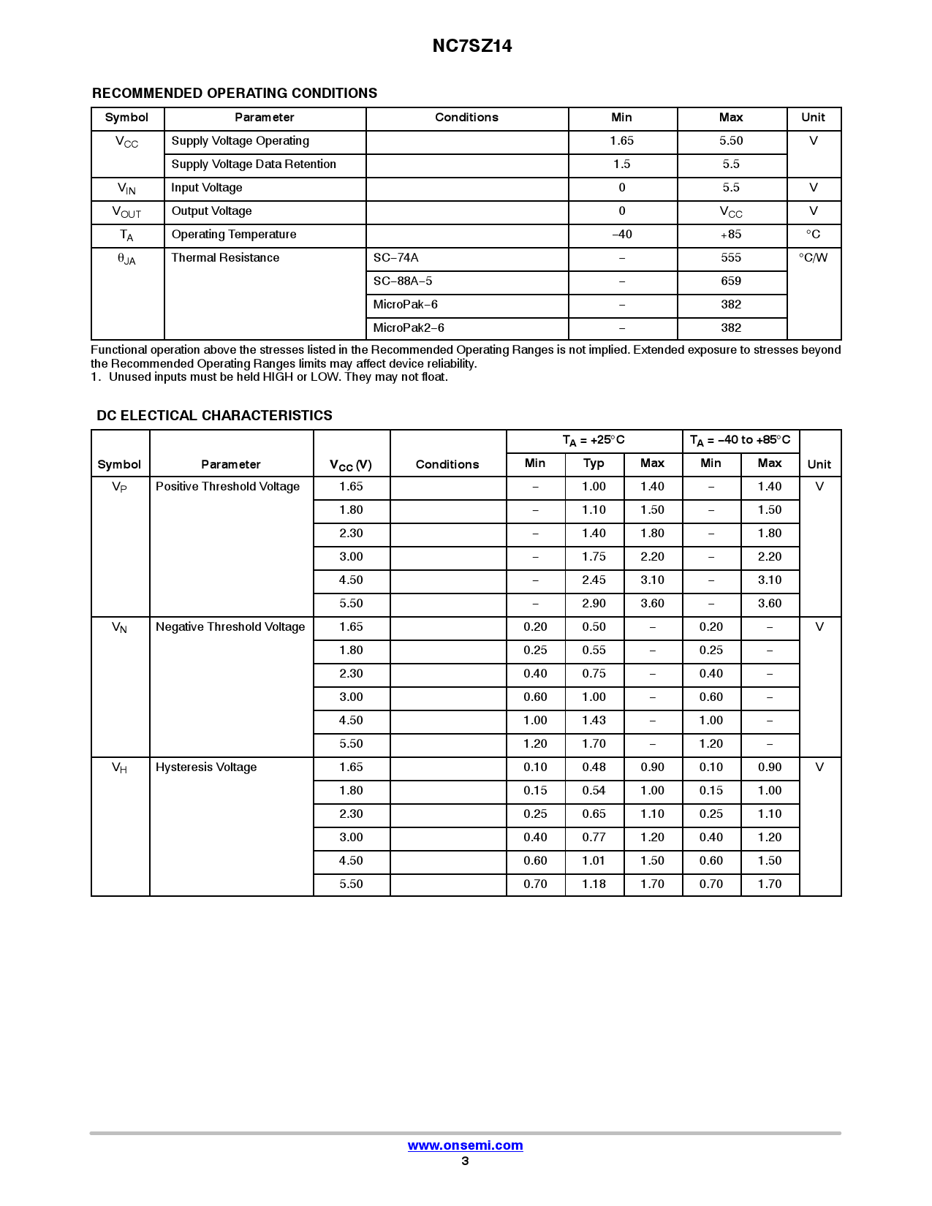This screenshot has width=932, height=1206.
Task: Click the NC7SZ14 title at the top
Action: pos(471,46)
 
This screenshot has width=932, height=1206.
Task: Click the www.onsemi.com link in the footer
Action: pos(465,1145)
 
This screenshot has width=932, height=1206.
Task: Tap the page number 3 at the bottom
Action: pos(465,1161)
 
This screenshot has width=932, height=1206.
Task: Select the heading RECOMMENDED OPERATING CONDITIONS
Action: pos(235,94)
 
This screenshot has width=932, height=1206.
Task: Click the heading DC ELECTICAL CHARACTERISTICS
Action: pos(214,416)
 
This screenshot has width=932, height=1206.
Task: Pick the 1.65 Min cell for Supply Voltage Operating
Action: pos(622,141)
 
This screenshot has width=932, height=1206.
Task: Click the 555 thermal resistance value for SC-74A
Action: pos(731,258)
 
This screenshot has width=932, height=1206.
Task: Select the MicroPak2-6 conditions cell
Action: pos(409,328)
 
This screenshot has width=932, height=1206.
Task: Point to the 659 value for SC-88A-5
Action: pos(731,281)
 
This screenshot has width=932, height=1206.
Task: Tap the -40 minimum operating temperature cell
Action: pos(622,235)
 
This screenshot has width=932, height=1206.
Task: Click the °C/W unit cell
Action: pos(813,258)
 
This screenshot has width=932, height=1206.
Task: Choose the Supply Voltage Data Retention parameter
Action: pos(254,164)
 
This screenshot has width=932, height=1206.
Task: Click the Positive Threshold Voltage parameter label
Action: pos(227,487)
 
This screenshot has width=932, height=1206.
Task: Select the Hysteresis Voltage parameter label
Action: pos(206,767)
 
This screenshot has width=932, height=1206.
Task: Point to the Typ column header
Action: pos(594,463)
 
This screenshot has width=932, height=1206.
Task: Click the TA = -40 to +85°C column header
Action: pos(740,440)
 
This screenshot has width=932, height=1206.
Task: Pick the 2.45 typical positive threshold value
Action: pos(594,580)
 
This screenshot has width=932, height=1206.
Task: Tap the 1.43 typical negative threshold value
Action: pos(594,721)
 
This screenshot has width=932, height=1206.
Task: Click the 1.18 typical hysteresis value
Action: pos(594,884)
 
